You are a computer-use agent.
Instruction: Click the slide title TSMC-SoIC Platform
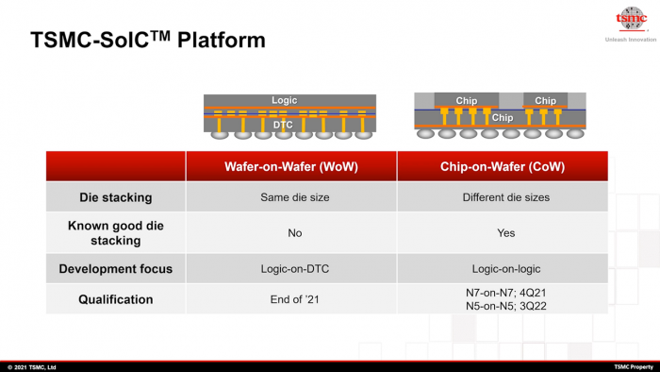(147, 41)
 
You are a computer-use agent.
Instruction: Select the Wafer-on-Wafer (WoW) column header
(290, 166)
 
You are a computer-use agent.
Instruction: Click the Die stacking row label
(115, 197)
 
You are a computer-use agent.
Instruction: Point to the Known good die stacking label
(115, 233)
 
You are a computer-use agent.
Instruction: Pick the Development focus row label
(115, 269)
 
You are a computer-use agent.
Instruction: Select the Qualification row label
(115, 299)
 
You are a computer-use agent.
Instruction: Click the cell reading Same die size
(290, 197)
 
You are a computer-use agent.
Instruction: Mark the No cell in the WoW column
(290, 233)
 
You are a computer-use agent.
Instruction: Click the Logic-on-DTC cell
(290, 269)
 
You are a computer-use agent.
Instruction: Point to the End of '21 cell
(290, 299)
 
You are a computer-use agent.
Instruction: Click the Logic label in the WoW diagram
(284, 100)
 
